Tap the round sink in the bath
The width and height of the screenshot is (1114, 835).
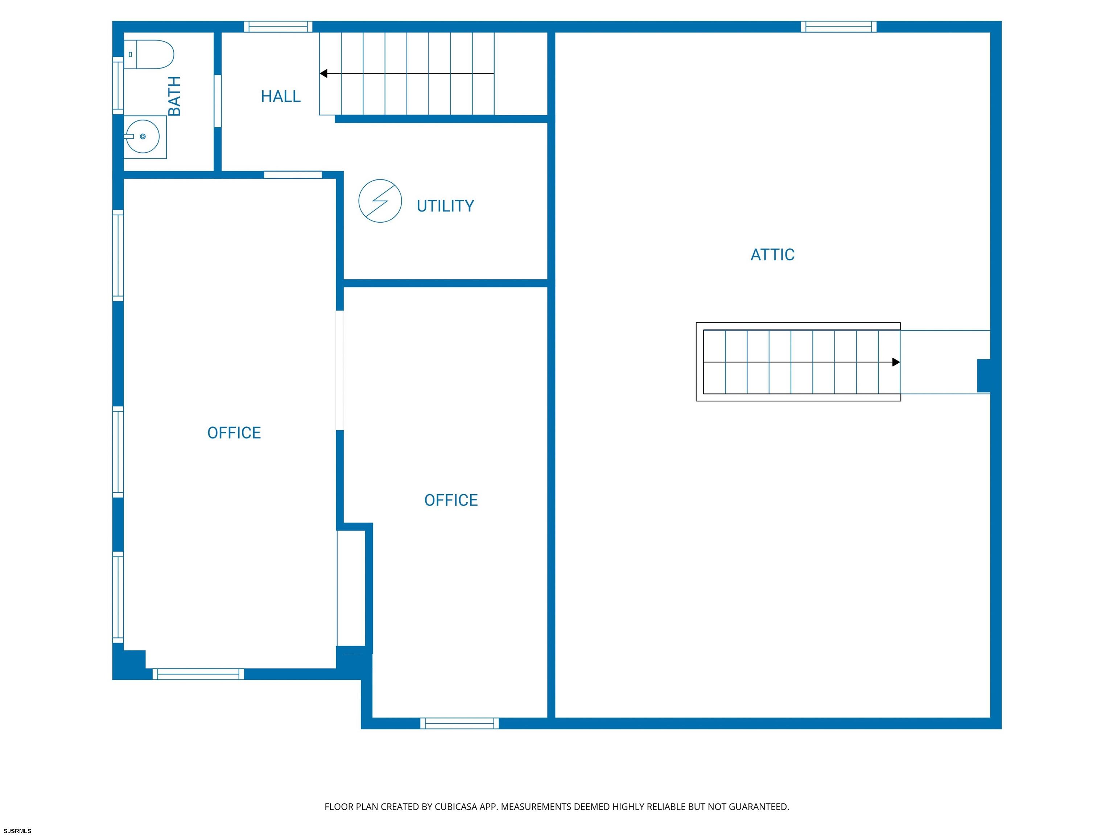click(143, 136)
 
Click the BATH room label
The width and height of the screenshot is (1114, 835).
click(174, 96)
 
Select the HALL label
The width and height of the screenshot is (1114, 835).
click(281, 96)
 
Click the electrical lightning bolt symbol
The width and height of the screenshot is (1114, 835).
click(380, 201)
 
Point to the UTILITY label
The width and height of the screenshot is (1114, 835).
click(445, 206)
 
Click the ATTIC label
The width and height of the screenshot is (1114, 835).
click(772, 255)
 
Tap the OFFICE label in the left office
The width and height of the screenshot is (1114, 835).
click(234, 433)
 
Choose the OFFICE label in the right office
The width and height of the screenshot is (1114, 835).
click(451, 500)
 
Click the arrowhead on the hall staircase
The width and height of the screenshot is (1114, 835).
click(323, 74)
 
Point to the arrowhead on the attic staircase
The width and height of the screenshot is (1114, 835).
click(896, 362)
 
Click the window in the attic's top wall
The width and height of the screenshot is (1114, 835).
click(838, 27)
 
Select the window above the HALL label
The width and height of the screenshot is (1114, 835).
click(278, 27)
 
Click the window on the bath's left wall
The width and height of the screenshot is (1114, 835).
click(118, 86)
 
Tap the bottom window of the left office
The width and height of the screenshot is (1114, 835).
click(198, 674)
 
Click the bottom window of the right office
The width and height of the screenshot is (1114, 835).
click(460, 723)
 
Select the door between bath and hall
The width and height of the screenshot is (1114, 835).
click(218, 101)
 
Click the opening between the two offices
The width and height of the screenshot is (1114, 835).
click(340, 370)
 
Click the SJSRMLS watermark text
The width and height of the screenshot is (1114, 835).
click(18, 831)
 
